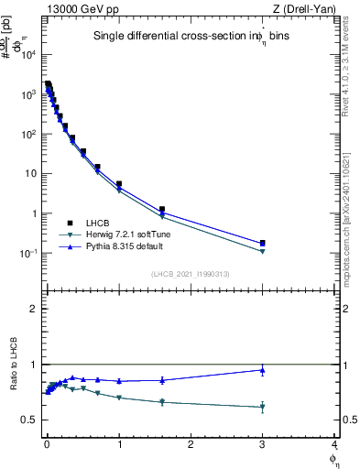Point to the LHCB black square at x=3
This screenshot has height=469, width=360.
click(x=263, y=243)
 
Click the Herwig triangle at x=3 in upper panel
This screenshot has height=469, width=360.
click(x=263, y=251)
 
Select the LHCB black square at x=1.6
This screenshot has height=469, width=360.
click(x=162, y=210)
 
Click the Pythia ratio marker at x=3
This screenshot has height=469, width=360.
click(x=263, y=370)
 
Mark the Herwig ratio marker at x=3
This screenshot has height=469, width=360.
click(x=263, y=407)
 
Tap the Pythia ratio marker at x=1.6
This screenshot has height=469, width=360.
click(x=162, y=380)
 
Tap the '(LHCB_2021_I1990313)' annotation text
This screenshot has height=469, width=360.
click(x=189, y=274)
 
